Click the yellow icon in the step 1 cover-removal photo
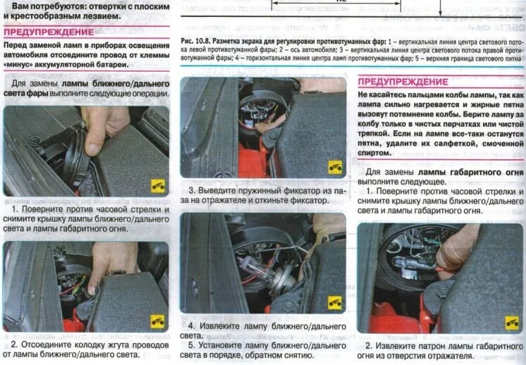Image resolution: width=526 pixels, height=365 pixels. point(157,186)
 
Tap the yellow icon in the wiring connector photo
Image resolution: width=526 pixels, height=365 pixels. point(157,320)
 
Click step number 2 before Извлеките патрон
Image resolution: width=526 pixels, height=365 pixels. point(369,345)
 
